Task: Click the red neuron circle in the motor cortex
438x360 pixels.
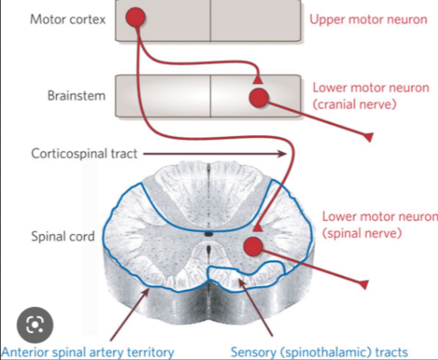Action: point(135,18)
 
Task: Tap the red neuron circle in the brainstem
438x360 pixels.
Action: point(259,98)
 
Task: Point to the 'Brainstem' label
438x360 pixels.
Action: point(77,96)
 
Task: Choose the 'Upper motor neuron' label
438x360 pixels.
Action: point(368,19)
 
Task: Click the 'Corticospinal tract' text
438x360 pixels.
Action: point(84,153)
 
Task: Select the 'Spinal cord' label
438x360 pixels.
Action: point(63,236)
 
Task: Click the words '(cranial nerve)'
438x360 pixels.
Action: point(354,104)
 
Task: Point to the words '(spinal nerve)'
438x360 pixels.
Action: point(362,233)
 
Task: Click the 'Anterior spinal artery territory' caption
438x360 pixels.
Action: point(88,352)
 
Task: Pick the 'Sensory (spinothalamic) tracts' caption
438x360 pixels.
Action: point(319,352)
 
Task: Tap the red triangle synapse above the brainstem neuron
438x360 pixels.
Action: point(258,80)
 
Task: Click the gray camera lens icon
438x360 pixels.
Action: point(35,325)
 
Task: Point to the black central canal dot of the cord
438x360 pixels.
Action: point(208,234)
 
